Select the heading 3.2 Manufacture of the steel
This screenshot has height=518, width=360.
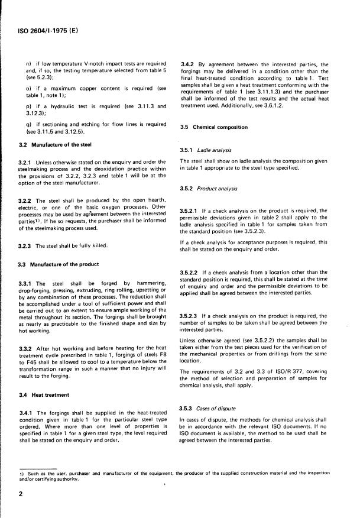(x=55, y=144)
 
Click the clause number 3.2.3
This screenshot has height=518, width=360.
(x=27, y=245)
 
